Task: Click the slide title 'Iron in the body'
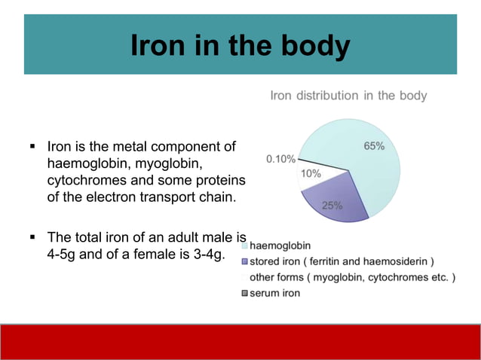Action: click(x=240, y=45)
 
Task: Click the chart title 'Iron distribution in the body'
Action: click(x=348, y=96)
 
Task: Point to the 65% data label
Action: click(x=375, y=146)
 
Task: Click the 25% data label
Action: click(x=332, y=205)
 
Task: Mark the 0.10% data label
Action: click(x=280, y=159)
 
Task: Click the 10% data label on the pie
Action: click(x=311, y=173)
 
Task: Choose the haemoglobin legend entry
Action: click(x=279, y=246)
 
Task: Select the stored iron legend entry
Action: click(x=342, y=261)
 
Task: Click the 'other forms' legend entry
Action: click(x=352, y=277)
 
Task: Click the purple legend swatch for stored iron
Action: click(x=245, y=261)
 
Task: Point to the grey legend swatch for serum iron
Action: click(x=245, y=292)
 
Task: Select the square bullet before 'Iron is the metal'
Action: click(x=33, y=145)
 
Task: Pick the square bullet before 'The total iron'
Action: click(x=33, y=236)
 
